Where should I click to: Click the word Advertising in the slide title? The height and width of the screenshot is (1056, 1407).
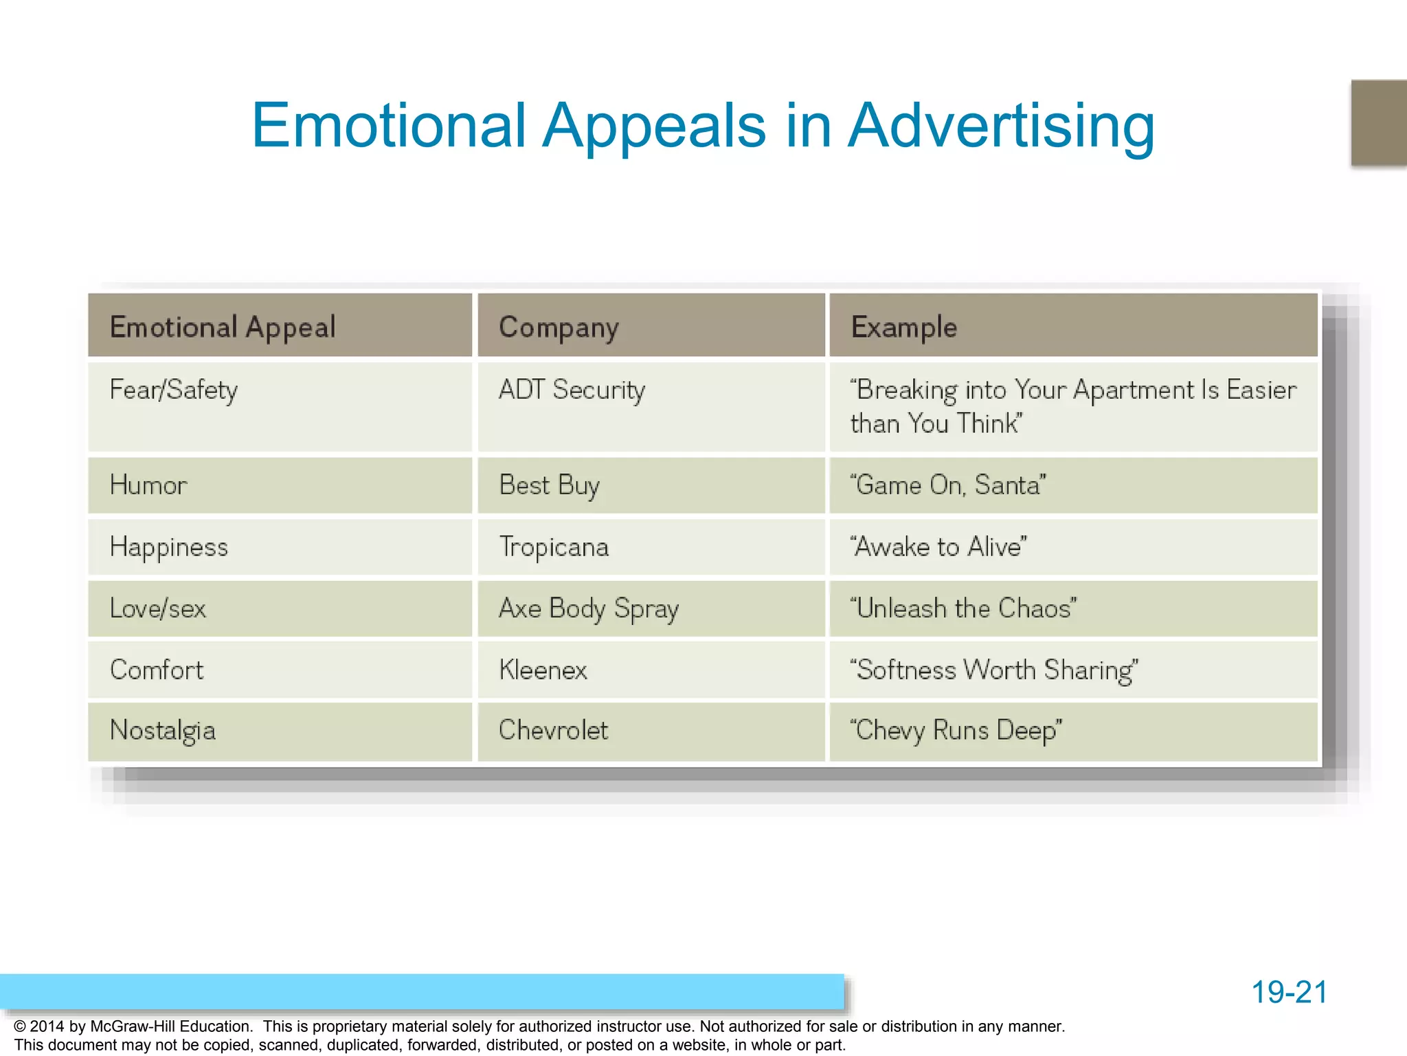pyautogui.click(x=1001, y=126)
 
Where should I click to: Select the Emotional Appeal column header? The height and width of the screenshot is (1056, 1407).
pyautogui.click(x=223, y=327)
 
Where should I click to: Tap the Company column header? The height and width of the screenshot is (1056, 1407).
pyautogui.click(x=559, y=327)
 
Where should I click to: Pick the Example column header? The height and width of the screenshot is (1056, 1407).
pyautogui.click(x=903, y=327)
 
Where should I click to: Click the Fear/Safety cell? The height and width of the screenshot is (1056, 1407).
pyautogui.click(x=174, y=390)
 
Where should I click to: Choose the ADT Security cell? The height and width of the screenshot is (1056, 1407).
pyautogui.click(x=572, y=390)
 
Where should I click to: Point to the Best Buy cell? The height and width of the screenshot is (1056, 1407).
pyautogui.click(x=549, y=485)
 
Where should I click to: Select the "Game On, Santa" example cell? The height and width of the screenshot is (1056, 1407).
pyautogui.click(x=947, y=485)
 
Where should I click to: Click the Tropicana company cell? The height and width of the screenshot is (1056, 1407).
pyautogui.click(x=554, y=547)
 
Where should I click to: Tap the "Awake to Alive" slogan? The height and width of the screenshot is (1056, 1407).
pyautogui.click(x=938, y=547)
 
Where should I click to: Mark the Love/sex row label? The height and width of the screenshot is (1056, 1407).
pyautogui.click(x=158, y=608)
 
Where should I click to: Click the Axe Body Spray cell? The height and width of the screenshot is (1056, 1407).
pyautogui.click(x=589, y=608)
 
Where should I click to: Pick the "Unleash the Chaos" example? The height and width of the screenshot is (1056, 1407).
pyautogui.click(x=963, y=608)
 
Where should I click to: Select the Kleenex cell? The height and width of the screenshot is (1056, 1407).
pyautogui.click(x=543, y=670)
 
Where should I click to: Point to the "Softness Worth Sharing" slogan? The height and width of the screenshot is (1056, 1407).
pyautogui.click(x=993, y=670)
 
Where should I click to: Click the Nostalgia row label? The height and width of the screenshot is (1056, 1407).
pyautogui.click(x=163, y=730)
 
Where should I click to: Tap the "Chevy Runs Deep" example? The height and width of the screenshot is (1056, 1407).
pyautogui.click(x=956, y=730)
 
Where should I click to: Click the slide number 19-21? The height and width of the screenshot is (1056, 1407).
pyautogui.click(x=1289, y=992)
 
